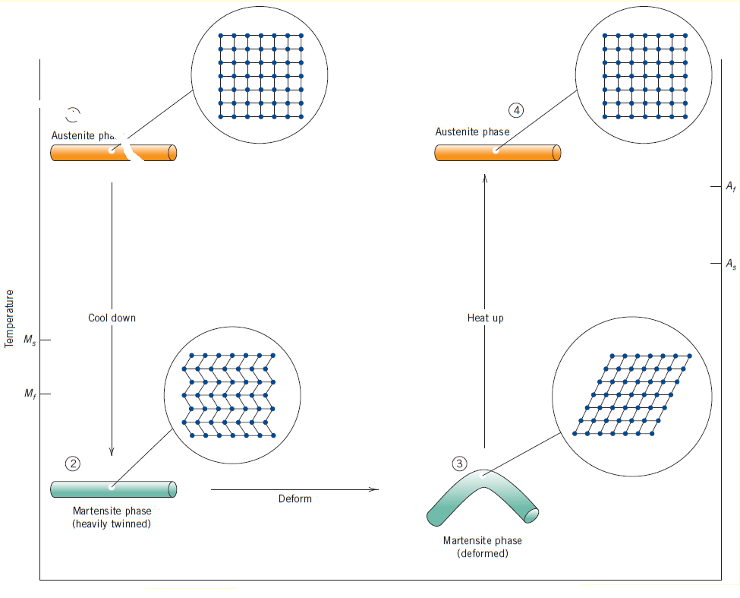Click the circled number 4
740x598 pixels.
click(517, 110)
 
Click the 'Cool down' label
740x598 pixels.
click(112, 318)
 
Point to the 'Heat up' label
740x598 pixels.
click(485, 318)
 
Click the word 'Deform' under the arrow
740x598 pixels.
click(294, 498)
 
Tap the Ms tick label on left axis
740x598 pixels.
click(29, 340)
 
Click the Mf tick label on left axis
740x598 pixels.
click(29, 394)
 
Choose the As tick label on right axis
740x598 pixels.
click(729, 264)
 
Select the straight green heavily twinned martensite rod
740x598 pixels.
click(113, 489)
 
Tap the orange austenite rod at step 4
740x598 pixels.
click(497, 153)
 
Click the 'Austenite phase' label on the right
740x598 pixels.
click(472, 131)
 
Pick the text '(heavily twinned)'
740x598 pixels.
click(112, 524)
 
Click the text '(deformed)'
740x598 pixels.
click(482, 554)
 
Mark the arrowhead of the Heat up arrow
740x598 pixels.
click(485, 178)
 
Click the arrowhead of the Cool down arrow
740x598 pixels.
click(112, 451)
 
